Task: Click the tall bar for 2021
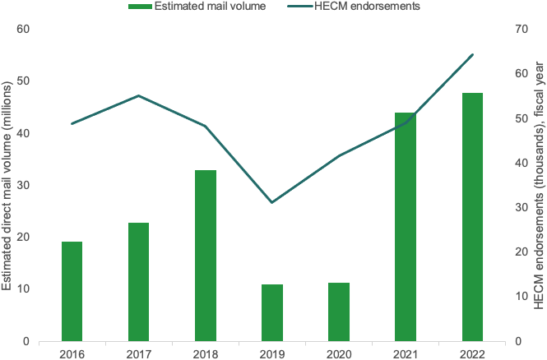coord(406,227)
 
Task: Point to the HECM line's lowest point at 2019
coord(272,202)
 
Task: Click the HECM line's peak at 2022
coord(472,55)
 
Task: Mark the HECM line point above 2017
coord(138,95)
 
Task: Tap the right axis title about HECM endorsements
coord(540,185)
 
